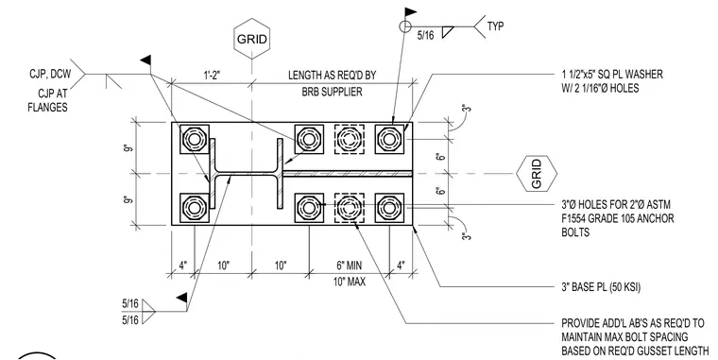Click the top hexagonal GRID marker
[x=250, y=39]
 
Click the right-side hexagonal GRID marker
[x=537, y=174]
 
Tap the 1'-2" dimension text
[x=212, y=76]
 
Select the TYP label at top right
[x=495, y=26]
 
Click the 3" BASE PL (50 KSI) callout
[x=601, y=287]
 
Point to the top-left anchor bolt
[x=195, y=139]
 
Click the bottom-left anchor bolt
[x=195, y=208]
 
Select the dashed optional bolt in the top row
[x=350, y=139]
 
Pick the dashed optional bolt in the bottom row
[x=350, y=208]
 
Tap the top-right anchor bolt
[x=389, y=139]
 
